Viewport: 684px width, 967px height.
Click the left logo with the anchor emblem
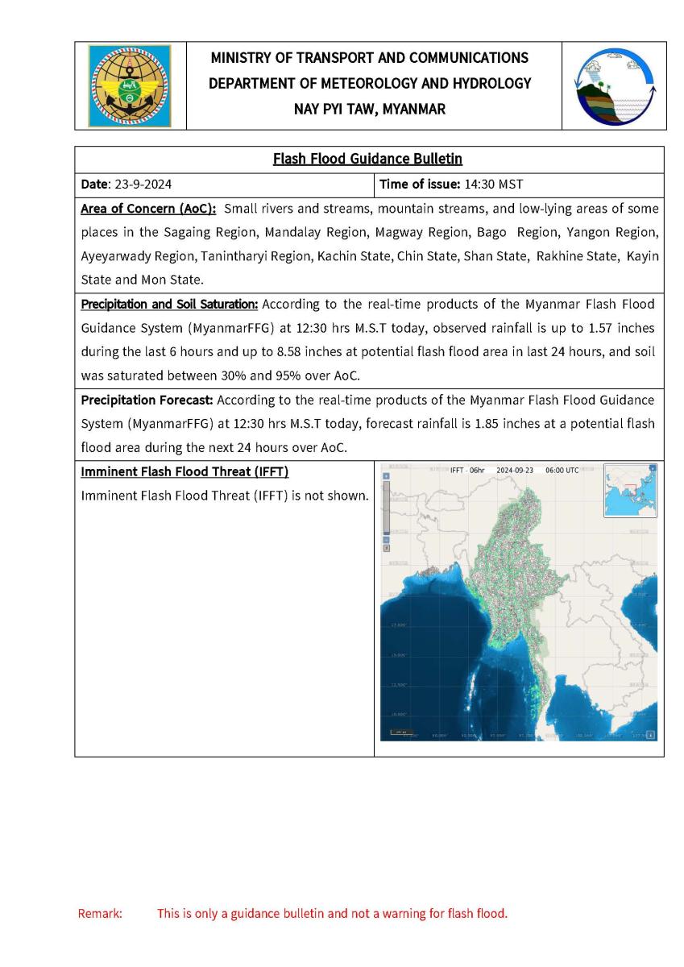click(130, 85)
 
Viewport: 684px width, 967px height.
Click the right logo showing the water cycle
click(614, 85)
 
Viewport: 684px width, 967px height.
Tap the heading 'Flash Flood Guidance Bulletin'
click(367, 159)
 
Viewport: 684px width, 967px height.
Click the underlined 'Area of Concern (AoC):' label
click(148, 210)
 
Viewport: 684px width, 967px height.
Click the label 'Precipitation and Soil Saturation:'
click(169, 305)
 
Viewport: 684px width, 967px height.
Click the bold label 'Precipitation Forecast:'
click(147, 399)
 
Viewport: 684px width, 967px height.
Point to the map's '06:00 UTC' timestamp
click(562, 470)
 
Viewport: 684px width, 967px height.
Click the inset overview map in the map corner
click(629, 491)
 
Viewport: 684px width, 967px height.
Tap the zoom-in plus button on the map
click(386, 476)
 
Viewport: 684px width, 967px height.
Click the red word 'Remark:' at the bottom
click(100, 913)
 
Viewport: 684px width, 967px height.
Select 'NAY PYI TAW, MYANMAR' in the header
click(369, 109)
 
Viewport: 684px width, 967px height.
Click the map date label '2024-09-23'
click(515, 470)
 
